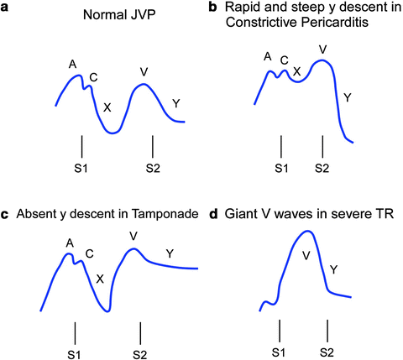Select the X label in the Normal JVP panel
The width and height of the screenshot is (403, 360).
[x=106, y=107]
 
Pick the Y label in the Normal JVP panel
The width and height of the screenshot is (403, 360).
[x=175, y=103]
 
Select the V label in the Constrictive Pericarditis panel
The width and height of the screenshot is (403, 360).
[x=322, y=50]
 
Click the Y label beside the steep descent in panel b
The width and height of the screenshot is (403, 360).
[x=348, y=98]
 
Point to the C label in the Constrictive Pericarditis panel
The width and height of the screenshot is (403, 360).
[x=285, y=60]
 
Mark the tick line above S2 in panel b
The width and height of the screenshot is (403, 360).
[x=322, y=146]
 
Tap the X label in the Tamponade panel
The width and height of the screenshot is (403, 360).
[x=100, y=279]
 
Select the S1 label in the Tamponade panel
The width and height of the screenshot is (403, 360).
[x=75, y=347]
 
